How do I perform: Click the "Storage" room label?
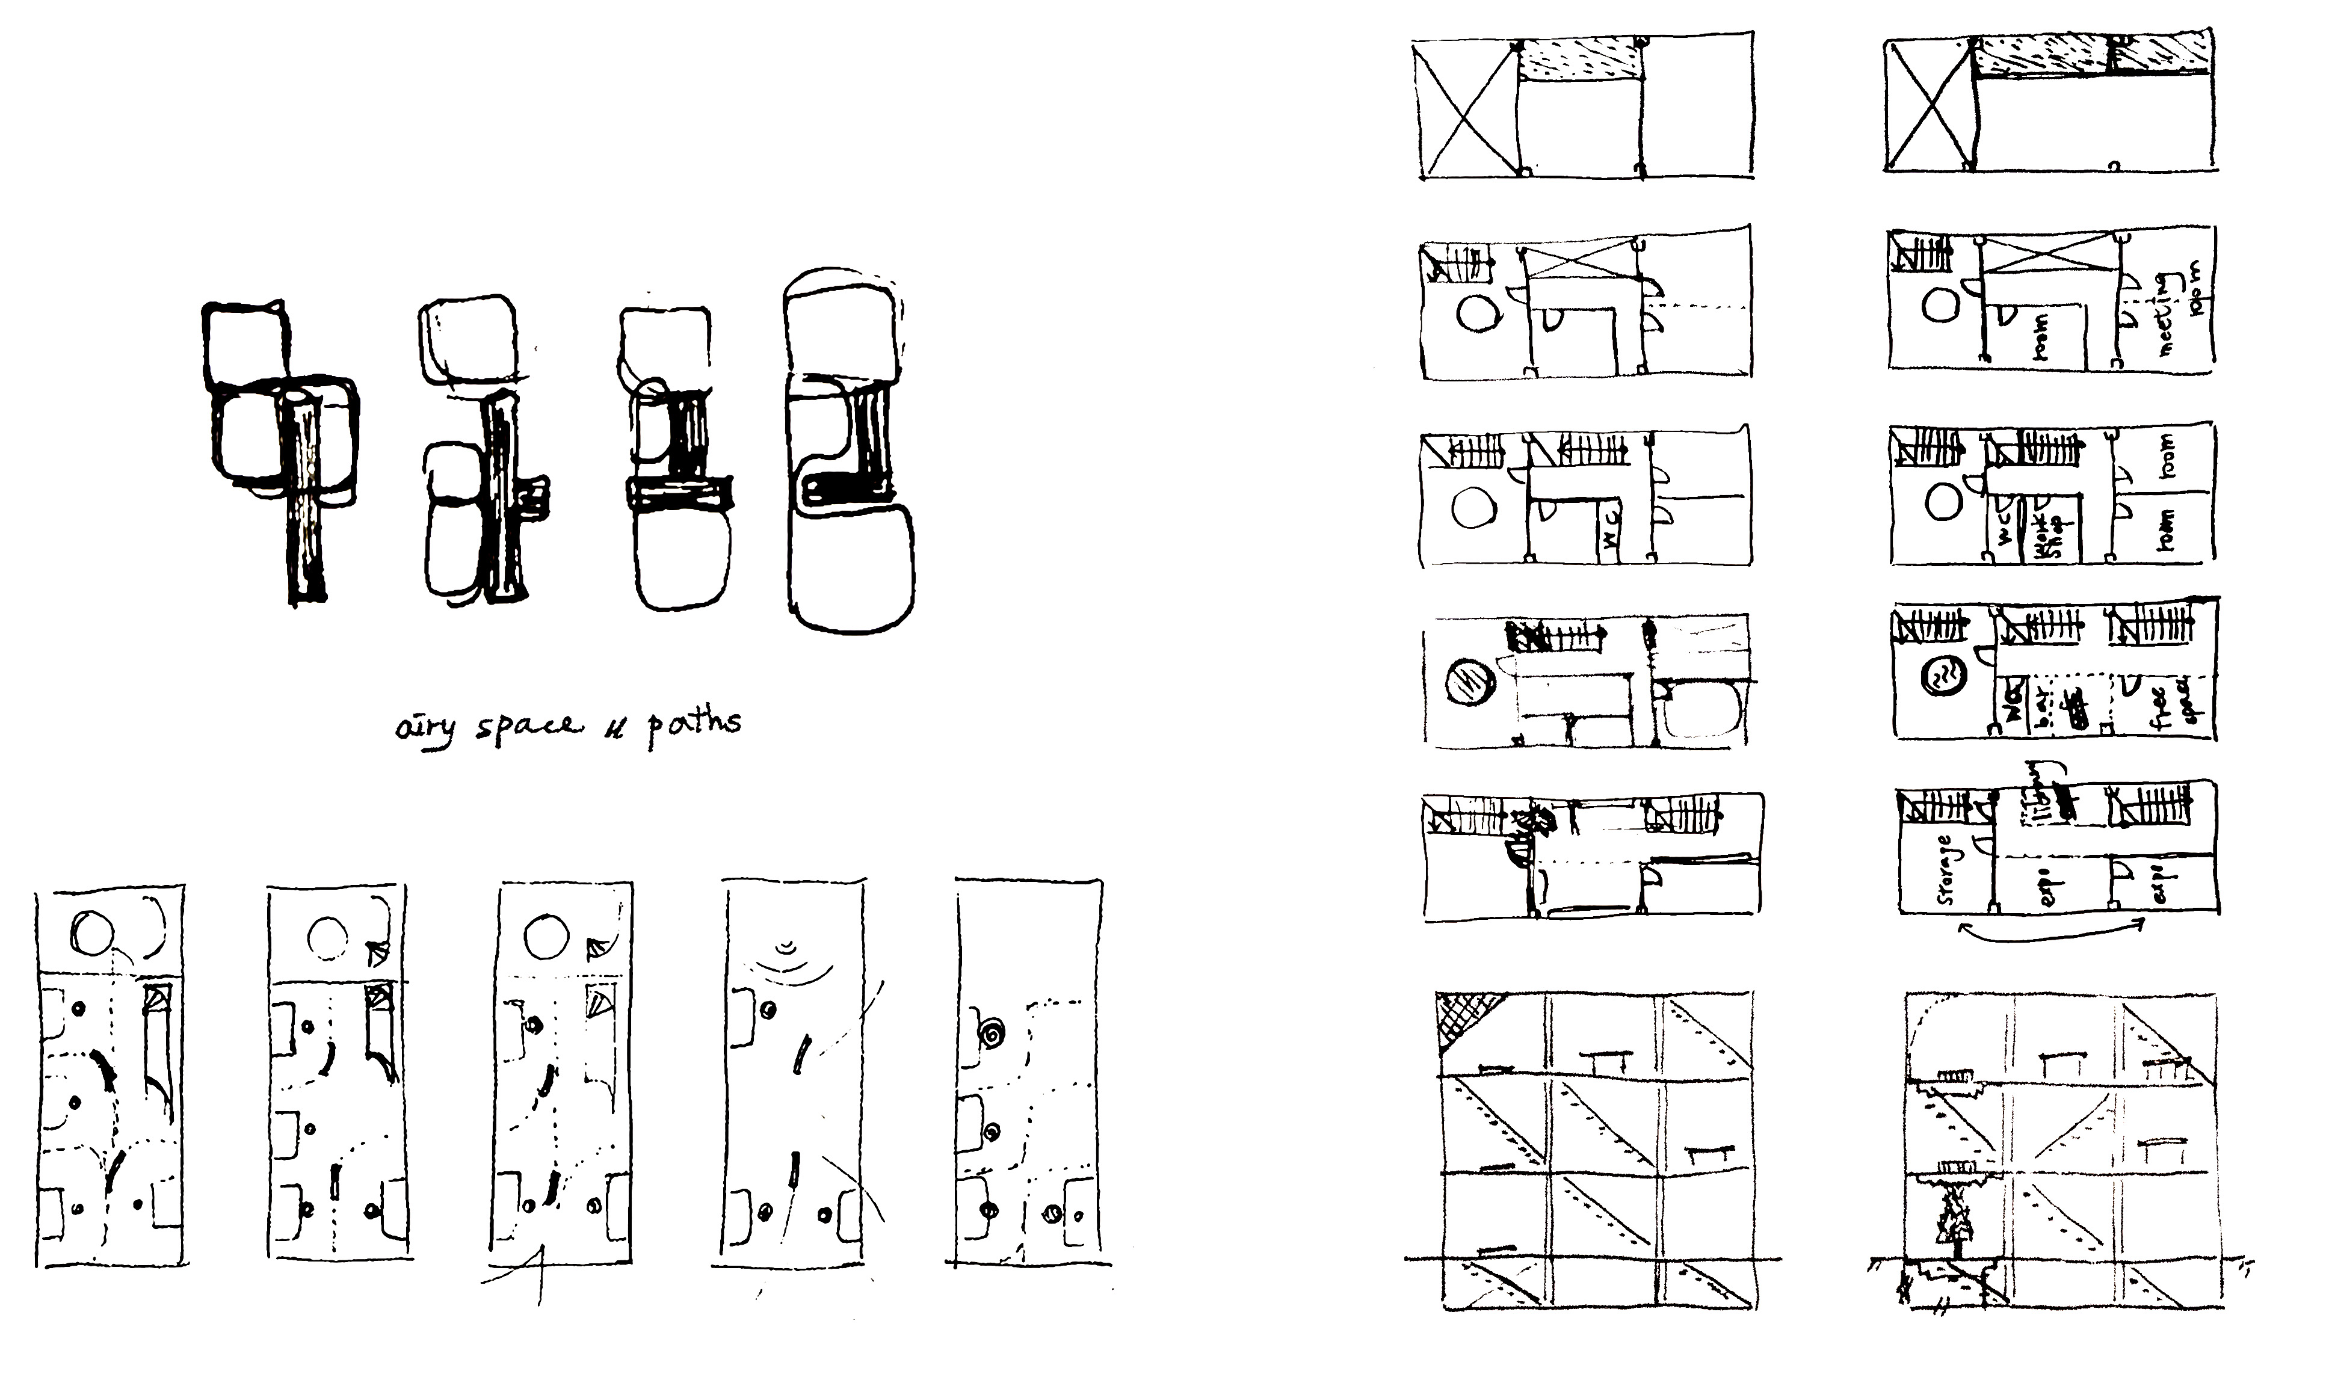(1945, 870)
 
